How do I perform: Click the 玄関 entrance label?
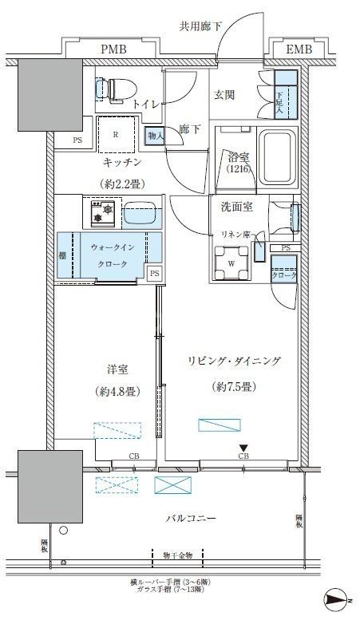click(224, 95)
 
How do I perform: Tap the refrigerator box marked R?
click(116, 135)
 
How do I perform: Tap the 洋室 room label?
click(117, 369)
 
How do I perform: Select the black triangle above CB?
click(243, 448)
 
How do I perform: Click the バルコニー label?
click(191, 519)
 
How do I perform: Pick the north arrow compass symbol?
click(337, 598)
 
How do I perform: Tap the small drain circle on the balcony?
click(64, 528)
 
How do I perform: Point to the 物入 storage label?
click(156, 136)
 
